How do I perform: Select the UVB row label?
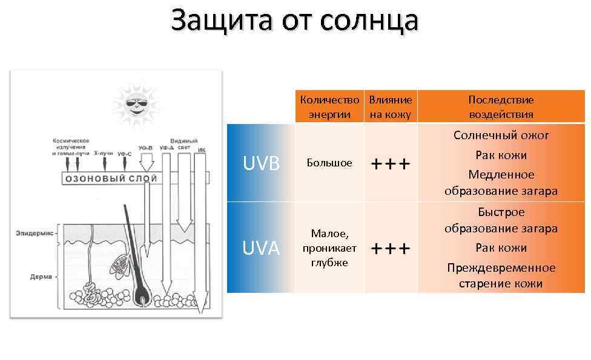click(x=261, y=163)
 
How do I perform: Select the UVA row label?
click(x=261, y=248)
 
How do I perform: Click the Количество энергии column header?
click(x=329, y=107)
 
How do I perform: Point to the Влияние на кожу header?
click(x=391, y=107)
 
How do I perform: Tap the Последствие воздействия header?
click(x=501, y=107)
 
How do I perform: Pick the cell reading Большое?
click(x=329, y=163)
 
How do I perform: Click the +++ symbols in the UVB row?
click(x=391, y=164)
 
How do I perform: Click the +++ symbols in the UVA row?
click(x=391, y=249)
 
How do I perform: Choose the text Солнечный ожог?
click(x=501, y=135)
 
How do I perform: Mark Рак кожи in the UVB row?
click(x=501, y=155)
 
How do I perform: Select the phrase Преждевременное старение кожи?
click(x=501, y=275)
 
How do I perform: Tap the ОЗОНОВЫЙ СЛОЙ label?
click(x=111, y=178)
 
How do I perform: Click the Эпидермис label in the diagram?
click(x=35, y=232)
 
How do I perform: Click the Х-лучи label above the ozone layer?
click(x=104, y=154)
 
